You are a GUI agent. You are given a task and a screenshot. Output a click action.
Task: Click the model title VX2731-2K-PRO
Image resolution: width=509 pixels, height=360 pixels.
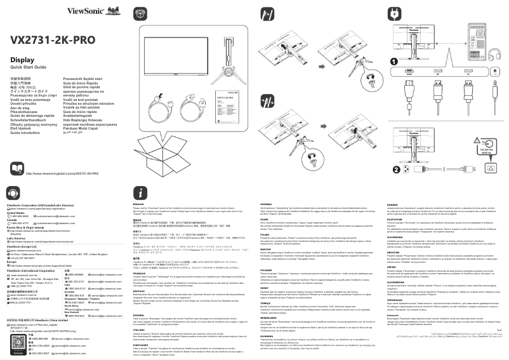(53, 40)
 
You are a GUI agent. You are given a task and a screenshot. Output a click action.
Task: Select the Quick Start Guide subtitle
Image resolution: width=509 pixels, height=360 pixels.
(29, 67)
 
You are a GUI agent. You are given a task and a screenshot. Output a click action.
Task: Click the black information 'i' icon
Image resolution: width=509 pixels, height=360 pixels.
(143, 192)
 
